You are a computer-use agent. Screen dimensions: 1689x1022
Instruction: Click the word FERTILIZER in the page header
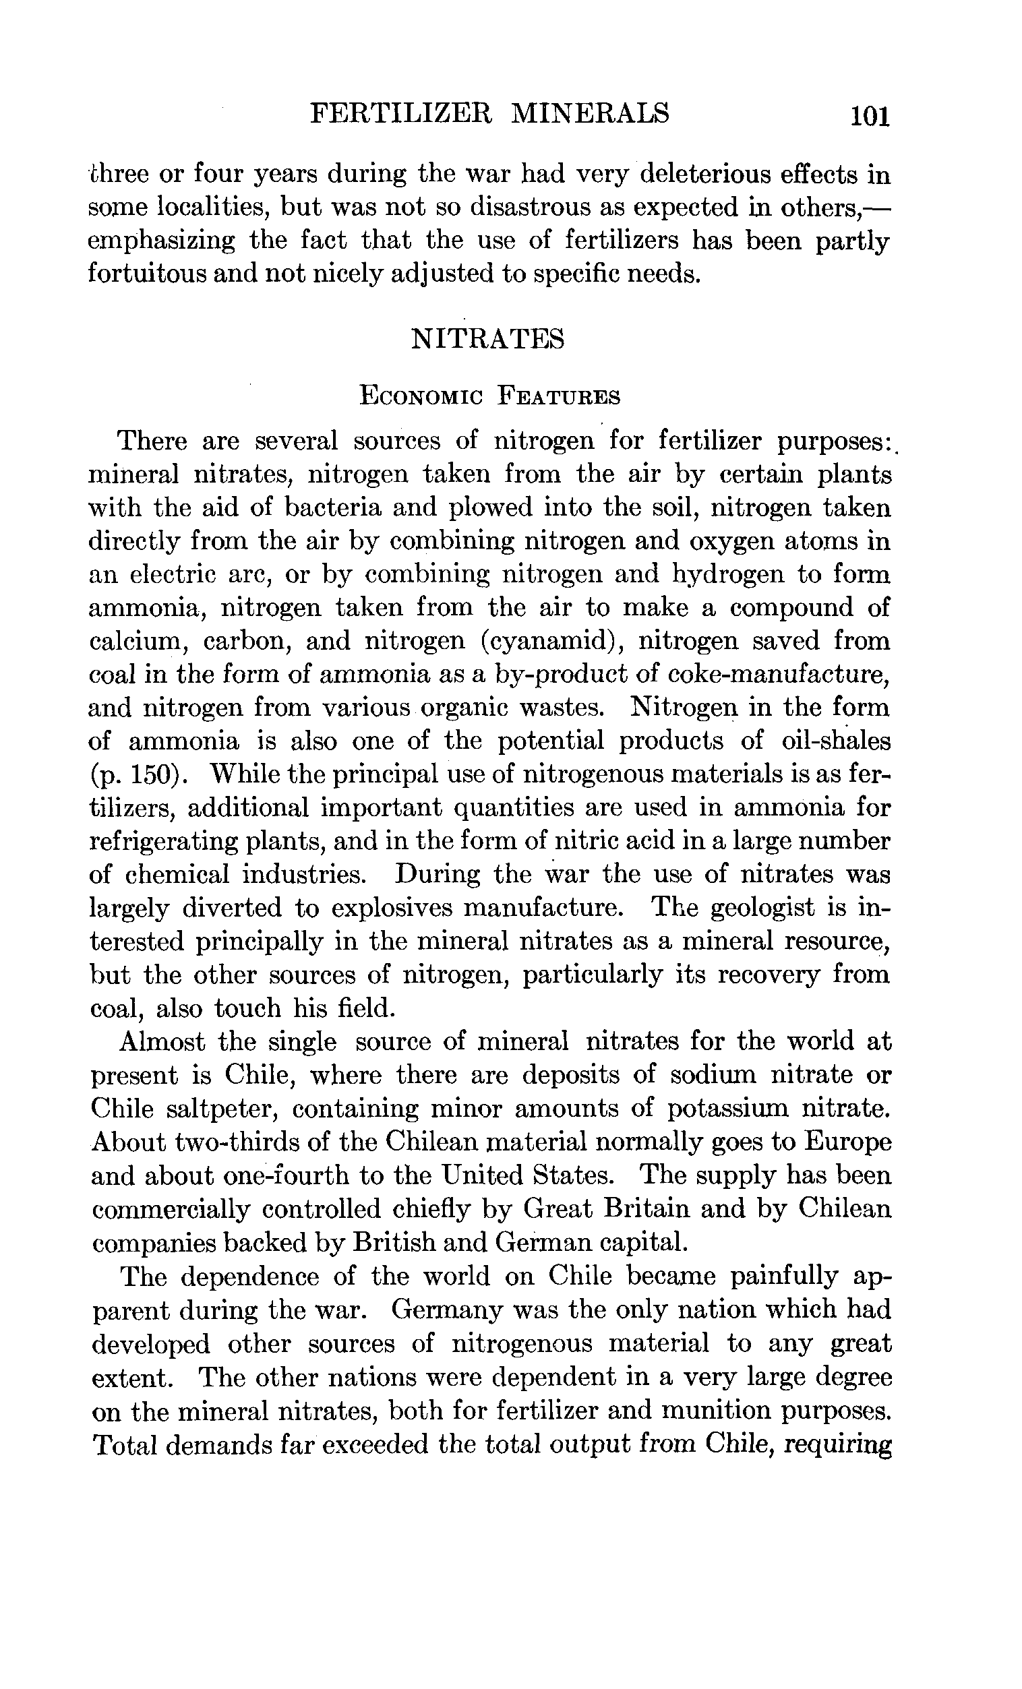[401, 113]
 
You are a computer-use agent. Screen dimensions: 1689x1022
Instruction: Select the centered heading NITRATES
[487, 338]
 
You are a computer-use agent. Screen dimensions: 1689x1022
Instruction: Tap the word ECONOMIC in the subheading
[421, 397]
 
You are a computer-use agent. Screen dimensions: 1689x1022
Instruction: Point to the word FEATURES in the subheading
[559, 397]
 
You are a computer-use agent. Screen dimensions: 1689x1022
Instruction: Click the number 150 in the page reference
[154, 774]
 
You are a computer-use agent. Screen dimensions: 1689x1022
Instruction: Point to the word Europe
[847, 1142]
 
